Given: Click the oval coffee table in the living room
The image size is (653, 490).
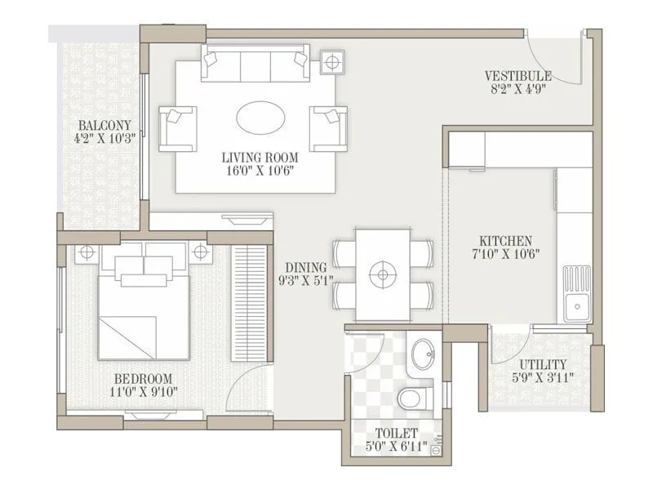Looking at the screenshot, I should [260, 117].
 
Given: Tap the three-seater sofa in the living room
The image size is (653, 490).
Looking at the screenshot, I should [255, 64].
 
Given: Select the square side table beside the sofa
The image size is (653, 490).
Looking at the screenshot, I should [332, 62].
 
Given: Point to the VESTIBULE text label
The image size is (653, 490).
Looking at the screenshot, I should [518, 76].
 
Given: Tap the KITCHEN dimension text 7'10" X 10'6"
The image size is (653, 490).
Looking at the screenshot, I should [506, 256].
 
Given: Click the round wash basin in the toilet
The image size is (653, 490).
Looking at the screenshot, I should [423, 354].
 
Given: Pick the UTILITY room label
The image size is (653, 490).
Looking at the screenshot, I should [543, 364].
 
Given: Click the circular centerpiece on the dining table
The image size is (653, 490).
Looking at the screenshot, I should [381, 274].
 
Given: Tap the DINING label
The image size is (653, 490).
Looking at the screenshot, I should [306, 268].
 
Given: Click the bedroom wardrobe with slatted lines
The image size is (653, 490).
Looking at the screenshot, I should [249, 302].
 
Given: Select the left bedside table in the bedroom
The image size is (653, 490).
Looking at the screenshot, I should [87, 253].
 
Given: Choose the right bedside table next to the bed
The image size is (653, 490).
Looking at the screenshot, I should [201, 253].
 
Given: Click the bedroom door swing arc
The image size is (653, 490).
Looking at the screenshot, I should [245, 384].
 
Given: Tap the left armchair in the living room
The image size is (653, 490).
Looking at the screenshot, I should [176, 128].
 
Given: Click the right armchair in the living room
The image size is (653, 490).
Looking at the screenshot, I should [329, 128].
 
